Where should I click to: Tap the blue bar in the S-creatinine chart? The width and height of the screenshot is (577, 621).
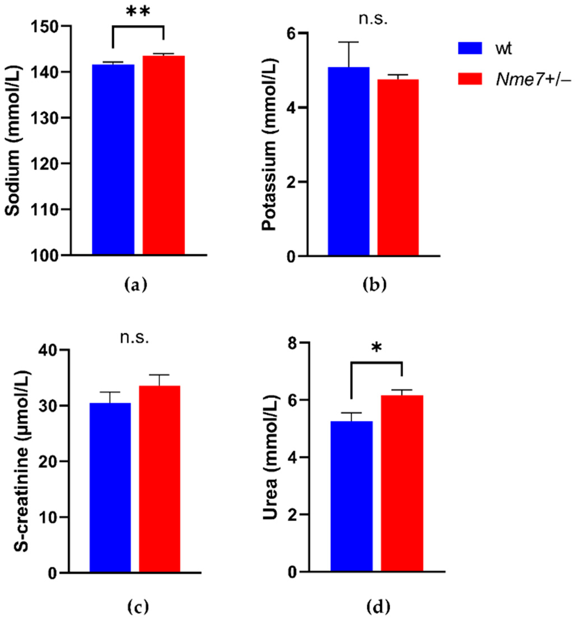110,487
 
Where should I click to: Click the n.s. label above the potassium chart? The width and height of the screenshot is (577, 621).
373,19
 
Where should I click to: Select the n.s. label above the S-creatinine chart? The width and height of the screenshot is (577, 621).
134,338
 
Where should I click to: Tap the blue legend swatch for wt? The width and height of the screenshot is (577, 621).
470,48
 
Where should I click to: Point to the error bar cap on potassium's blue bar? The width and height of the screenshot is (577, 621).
349,42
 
